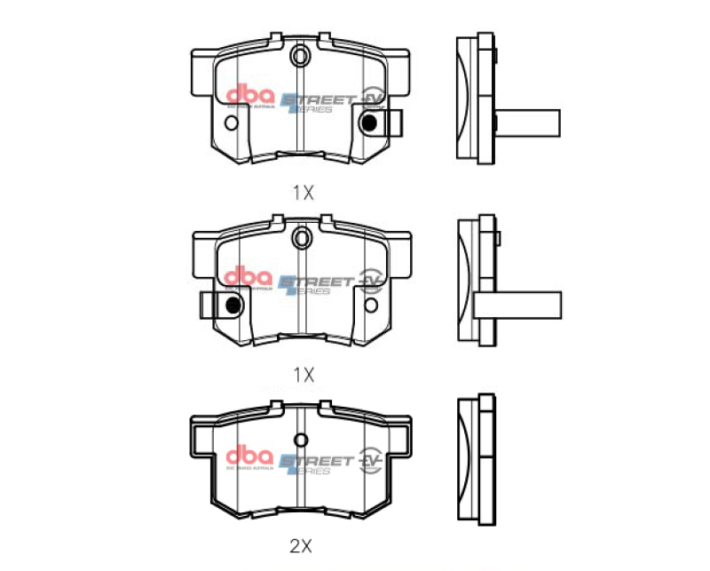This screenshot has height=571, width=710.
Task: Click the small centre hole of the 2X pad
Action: (x=301, y=440)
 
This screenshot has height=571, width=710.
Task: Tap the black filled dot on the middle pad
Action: (x=233, y=305)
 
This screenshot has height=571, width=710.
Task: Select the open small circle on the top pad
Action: (x=233, y=124)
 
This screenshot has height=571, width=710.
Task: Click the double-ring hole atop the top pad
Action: (x=301, y=58)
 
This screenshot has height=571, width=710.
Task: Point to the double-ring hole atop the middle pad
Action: (x=301, y=237)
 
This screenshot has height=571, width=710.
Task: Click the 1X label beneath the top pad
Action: (x=304, y=192)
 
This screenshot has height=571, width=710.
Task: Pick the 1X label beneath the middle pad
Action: (x=304, y=374)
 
